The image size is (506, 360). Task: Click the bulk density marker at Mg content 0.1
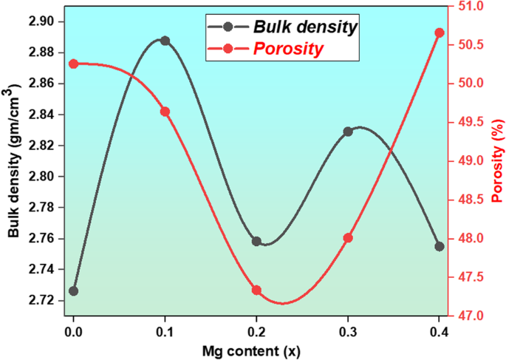(x=165, y=41)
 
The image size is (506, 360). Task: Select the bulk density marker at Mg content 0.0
(x=73, y=291)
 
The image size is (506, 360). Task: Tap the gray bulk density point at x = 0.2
(x=256, y=241)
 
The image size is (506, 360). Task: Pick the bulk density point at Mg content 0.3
(x=348, y=132)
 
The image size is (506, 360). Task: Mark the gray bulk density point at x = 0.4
(x=440, y=246)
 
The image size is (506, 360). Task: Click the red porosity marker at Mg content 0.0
(x=73, y=64)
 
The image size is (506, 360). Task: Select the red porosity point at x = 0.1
(x=165, y=112)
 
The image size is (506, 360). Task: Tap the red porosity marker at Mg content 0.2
(x=256, y=291)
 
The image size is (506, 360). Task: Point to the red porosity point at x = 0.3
(x=348, y=238)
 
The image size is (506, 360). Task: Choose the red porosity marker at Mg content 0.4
(x=440, y=33)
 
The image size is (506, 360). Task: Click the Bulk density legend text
(x=305, y=27)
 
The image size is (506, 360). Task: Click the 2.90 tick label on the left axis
(x=42, y=21)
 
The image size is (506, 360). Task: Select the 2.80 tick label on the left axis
(x=42, y=177)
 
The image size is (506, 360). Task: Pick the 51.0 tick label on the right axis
(x=471, y=6)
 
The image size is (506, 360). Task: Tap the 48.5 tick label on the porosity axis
(x=471, y=200)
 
